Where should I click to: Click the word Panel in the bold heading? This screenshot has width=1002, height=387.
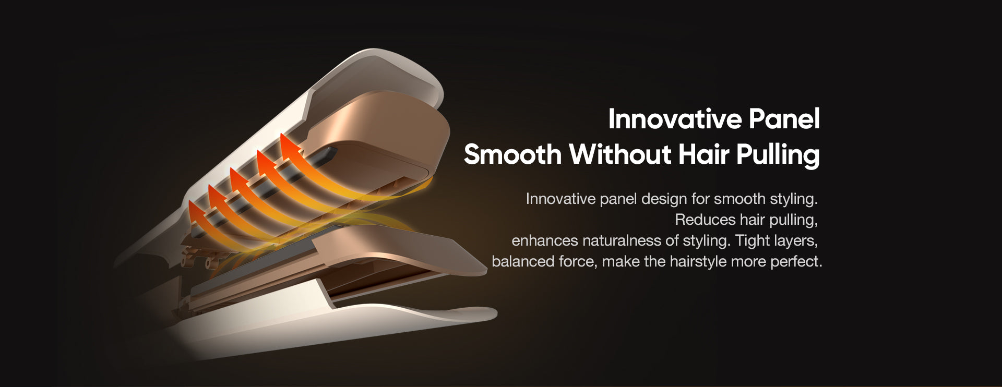click(x=784, y=119)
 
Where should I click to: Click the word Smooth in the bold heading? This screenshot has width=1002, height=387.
click(x=512, y=154)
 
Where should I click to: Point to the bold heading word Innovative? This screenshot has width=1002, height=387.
click(x=675, y=119)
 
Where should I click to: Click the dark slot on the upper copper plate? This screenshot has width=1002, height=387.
click(x=327, y=154)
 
